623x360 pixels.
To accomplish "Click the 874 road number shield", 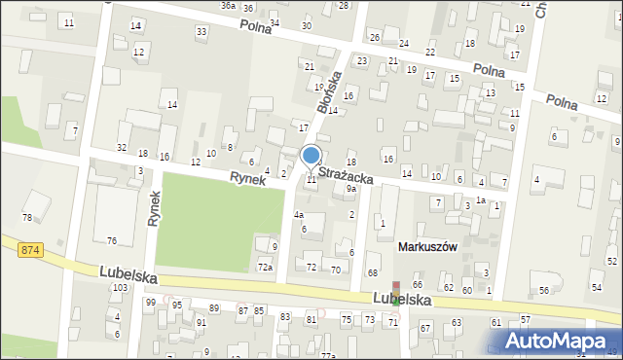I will [x=29, y=250].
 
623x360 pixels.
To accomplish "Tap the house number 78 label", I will [x=28, y=217].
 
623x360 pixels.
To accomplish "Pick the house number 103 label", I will [x=121, y=288].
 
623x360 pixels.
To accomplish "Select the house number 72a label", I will [x=265, y=267].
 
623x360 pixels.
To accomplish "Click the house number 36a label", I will [x=228, y=6].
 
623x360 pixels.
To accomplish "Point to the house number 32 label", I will [x=122, y=147].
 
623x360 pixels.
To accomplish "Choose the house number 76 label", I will [x=112, y=240].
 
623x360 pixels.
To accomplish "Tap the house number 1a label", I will [x=480, y=199].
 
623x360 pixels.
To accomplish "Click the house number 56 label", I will [x=544, y=291].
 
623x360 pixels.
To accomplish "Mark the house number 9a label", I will [x=351, y=190].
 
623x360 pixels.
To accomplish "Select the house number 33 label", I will [x=202, y=32].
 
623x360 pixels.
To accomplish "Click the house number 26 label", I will [x=375, y=37].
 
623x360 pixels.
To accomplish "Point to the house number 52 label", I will [x=611, y=261].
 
